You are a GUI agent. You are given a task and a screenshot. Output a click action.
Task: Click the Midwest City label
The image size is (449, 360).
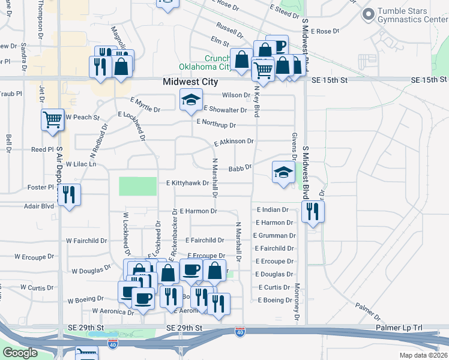coord(190,82)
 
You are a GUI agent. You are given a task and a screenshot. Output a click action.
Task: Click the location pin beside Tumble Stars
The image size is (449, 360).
coord(368,13)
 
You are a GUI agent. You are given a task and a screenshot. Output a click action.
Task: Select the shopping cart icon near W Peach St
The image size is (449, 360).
coord(53,119)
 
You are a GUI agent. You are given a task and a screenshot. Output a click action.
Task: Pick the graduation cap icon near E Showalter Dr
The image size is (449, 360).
coord(191,100)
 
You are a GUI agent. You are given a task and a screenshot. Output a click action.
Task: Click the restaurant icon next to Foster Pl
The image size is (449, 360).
coord(69,194)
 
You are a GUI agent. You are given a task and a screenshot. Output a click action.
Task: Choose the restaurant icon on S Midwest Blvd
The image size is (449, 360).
coord(312,212)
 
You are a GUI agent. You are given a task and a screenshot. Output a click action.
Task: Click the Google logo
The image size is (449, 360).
coord(19,353)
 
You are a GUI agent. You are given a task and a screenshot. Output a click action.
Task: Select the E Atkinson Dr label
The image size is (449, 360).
coord(234,142)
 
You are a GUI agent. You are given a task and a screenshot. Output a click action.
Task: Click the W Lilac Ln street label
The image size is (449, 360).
coord(80,164)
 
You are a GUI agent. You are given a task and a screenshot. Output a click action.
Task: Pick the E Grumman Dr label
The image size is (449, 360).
coord(274,236)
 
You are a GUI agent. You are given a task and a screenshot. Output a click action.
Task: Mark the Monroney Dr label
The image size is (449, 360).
coord(297,304)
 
